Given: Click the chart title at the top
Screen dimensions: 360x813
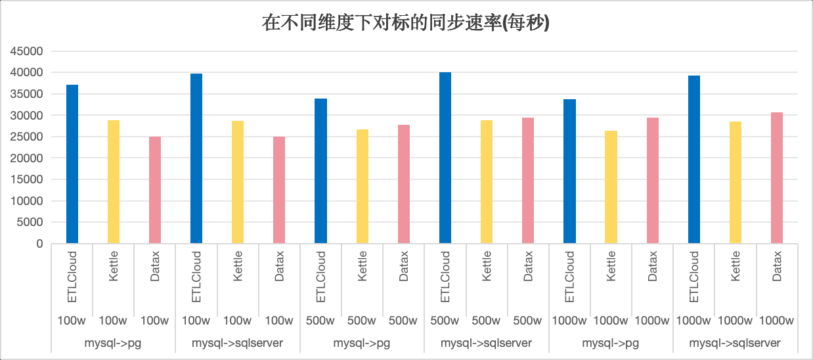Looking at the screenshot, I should click(406, 24).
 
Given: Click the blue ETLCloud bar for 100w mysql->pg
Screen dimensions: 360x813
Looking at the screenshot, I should click(72, 164).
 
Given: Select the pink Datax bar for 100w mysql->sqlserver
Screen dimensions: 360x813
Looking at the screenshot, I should click(279, 190).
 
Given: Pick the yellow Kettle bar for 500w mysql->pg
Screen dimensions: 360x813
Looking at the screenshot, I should click(363, 187).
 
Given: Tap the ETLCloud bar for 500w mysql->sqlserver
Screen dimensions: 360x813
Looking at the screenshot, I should click(445, 158).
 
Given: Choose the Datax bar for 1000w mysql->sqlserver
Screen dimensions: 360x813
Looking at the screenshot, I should click(777, 178).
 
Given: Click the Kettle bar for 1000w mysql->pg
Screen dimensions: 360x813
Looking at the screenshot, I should click(611, 187).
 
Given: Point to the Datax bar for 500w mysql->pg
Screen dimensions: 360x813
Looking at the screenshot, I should click(404, 184).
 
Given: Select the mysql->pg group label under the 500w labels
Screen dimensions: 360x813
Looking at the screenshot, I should click(362, 343).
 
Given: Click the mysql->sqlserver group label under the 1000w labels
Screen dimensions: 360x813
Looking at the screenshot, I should click(735, 343).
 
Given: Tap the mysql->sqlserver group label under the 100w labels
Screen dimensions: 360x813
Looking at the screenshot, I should click(237, 343).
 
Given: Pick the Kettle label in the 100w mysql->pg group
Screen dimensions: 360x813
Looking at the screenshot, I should click(114, 266).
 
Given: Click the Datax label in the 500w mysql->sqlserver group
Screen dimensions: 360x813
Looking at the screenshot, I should click(528, 266).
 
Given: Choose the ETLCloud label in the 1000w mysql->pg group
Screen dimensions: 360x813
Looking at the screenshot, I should click(569, 277).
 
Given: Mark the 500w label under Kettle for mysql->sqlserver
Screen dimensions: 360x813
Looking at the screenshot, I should click(487, 321).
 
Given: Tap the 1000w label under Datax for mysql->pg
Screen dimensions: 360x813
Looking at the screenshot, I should click(652, 321).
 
